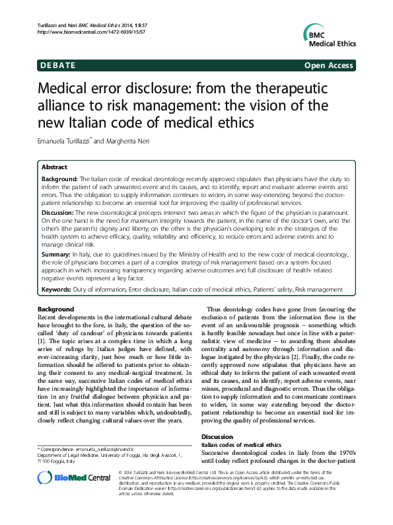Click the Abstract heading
click(x=54, y=168)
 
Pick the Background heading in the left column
click(x=56, y=309)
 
